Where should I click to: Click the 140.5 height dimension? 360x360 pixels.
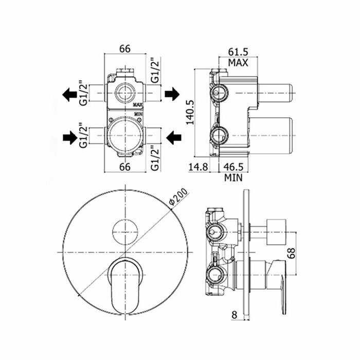pos(190,112)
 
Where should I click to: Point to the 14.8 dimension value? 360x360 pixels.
pos(198,167)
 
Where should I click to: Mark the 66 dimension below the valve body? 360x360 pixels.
pos(124,167)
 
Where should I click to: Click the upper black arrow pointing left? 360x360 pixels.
pos(67,95)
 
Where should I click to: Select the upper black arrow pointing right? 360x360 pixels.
pos(171,95)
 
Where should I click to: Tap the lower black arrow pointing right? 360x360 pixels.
pos(67,136)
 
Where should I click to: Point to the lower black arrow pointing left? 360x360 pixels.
pos(174,136)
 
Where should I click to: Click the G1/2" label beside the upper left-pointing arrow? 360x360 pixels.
pos(83,93)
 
